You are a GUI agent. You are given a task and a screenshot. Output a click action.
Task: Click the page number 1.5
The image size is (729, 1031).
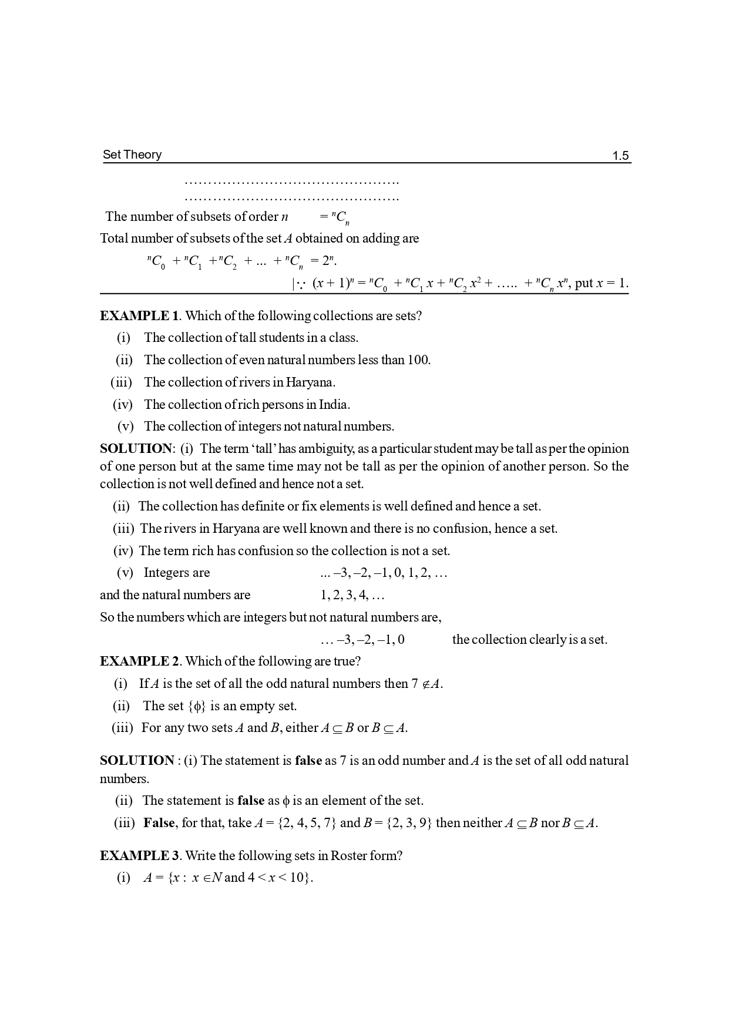pos(620,156)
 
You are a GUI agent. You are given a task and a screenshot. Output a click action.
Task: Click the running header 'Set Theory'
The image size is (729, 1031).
pos(132,155)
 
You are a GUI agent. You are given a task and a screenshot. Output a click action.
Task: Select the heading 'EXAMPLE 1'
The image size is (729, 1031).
pos(139,315)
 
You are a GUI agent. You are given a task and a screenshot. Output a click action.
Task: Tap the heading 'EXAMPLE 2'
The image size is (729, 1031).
pos(139,661)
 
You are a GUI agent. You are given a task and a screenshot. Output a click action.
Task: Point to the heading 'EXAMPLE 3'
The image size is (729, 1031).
pos(139,855)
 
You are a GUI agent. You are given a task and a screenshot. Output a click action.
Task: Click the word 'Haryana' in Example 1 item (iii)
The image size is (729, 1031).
pos(310,382)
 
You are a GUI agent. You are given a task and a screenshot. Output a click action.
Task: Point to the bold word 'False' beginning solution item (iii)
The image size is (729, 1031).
pos(159,822)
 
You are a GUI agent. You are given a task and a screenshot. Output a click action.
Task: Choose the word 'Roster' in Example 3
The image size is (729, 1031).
pos(348,855)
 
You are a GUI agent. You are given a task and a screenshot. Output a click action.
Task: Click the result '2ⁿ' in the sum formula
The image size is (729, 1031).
pos(328,260)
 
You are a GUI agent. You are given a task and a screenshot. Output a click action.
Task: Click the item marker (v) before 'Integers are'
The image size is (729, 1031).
pos(125,573)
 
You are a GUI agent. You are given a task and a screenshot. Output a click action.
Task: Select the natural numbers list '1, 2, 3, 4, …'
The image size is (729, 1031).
pos(352,595)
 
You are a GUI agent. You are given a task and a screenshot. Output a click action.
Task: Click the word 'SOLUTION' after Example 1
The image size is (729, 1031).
pos(136,449)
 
